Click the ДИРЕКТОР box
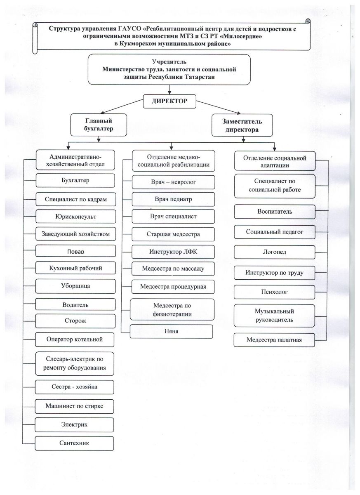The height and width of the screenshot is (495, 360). pyautogui.click(x=169, y=101)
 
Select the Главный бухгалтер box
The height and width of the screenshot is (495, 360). pyautogui.click(x=99, y=125)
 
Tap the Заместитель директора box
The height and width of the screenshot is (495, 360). pyautogui.click(x=242, y=125)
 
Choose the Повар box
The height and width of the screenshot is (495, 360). pyautogui.click(x=74, y=251)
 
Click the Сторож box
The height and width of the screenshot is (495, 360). pyautogui.click(x=74, y=321)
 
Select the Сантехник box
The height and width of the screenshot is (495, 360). pyautogui.click(x=74, y=443)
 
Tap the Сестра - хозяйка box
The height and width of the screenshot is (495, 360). pyautogui.click(x=74, y=387)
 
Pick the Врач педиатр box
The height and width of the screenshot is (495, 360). pyautogui.click(x=173, y=199)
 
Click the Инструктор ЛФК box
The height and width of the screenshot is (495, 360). pyautogui.click(x=173, y=251)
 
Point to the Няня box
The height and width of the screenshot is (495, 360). pyautogui.click(x=171, y=331)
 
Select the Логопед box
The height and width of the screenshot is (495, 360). pyautogui.click(x=275, y=251)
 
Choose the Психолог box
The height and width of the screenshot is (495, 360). pyautogui.click(x=275, y=292)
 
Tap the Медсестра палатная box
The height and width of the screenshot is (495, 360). pyautogui.click(x=275, y=340)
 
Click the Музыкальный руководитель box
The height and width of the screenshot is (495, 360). pyautogui.click(x=275, y=314)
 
